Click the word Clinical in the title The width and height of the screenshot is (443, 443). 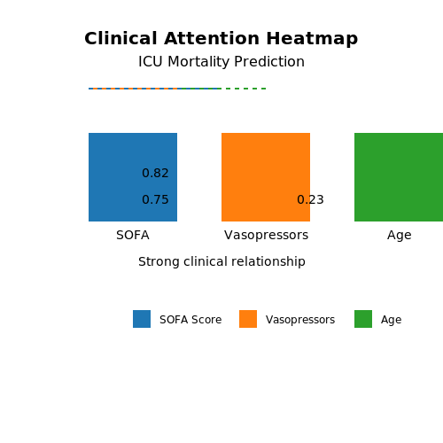[x=120, y=38]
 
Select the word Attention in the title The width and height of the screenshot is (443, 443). [x=212, y=38]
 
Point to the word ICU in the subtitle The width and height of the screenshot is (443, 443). [x=151, y=62]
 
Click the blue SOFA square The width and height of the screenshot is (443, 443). [x=133, y=177]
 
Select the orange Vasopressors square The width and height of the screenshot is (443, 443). [x=266, y=177]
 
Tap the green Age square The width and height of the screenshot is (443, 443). [x=399, y=177]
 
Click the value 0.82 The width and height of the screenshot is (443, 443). [x=155, y=173]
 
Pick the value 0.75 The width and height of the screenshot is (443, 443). [x=155, y=199]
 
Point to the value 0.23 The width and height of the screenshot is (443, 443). [x=310, y=199]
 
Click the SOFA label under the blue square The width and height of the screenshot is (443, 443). [x=133, y=236]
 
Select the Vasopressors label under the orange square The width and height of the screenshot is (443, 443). [x=266, y=236]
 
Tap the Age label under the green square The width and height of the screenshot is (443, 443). [x=400, y=236]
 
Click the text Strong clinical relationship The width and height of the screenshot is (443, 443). [x=221, y=261]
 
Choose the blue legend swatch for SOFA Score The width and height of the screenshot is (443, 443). [x=142, y=319]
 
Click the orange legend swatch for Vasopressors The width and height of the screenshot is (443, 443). [x=248, y=319]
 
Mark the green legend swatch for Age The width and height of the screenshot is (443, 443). [x=363, y=319]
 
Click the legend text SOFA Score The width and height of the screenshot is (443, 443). [x=190, y=320]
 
